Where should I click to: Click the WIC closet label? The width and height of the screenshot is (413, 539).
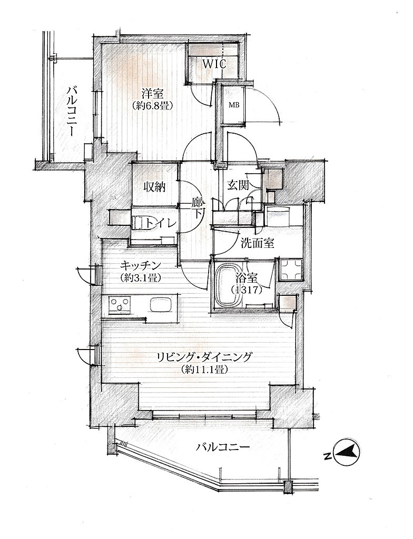(214, 64)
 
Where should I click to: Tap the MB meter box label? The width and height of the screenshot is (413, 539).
(234, 105)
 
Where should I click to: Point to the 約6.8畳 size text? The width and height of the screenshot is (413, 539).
(152, 105)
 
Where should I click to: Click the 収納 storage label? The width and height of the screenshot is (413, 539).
(154, 187)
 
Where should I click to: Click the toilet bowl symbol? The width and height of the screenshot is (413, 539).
(137, 223)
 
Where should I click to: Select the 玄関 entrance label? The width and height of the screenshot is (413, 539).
(238, 186)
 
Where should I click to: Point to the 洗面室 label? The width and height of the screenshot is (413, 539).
(257, 244)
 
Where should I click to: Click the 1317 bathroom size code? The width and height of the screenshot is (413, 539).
(247, 290)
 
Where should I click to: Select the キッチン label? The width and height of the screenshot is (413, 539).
(141, 265)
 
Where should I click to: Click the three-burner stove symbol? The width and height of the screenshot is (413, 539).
(120, 305)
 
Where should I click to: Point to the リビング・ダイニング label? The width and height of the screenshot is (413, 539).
(204, 357)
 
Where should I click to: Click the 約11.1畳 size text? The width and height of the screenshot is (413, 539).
(204, 370)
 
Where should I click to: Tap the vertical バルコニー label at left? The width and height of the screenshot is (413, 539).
(73, 112)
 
